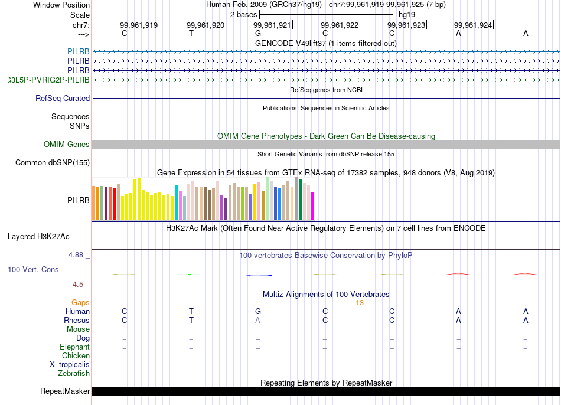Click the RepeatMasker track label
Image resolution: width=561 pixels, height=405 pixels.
[x=65, y=391]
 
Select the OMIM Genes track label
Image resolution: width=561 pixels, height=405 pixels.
[x=67, y=145]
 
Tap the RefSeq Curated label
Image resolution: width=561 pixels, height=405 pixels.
[x=63, y=99]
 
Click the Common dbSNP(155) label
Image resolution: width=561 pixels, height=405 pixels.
[x=53, y=163]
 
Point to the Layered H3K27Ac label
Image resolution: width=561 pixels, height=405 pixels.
[x=38, y=237]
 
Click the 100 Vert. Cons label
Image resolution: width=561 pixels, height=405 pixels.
[x=33, y=269]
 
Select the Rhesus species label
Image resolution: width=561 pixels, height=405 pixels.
[x=77, y=320]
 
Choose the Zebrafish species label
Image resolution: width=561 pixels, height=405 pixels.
[x=74, y=373]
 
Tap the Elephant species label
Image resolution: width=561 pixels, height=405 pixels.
[x=74, y=347]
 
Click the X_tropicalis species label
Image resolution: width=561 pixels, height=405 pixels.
[x=70, y=364]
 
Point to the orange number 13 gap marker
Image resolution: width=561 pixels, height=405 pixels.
[x=360, y=302]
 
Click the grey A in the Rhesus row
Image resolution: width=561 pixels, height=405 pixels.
[x=257, y=320]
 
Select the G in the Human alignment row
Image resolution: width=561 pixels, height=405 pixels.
[x=257, y=311]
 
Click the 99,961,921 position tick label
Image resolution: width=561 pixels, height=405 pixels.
[x=272, y=25]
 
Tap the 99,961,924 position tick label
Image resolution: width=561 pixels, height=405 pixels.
[x=472, y=25]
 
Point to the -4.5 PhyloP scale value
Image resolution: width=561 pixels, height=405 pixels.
[x=77, y=284]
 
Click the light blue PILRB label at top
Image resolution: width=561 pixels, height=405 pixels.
[x=79, y=51]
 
